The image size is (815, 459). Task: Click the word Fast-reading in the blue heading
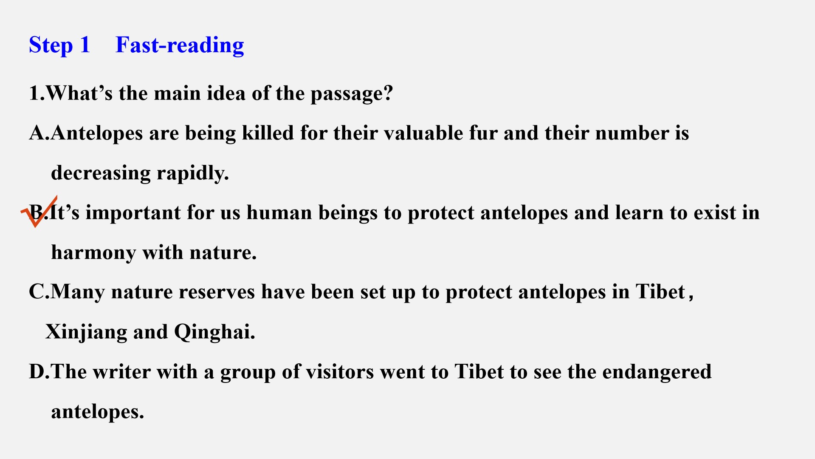click(180, 45)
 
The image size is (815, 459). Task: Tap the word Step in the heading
click(51, 45)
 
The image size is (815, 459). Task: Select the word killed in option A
click(268, 133)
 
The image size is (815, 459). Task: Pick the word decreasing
click(101, 173)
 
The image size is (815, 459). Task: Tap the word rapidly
click(192, 173)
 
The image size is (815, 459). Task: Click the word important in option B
click(133, 213)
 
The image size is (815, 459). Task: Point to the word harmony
click(93, 253)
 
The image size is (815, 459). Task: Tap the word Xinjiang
click(86, 332)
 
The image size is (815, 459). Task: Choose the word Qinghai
click(214, 332)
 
